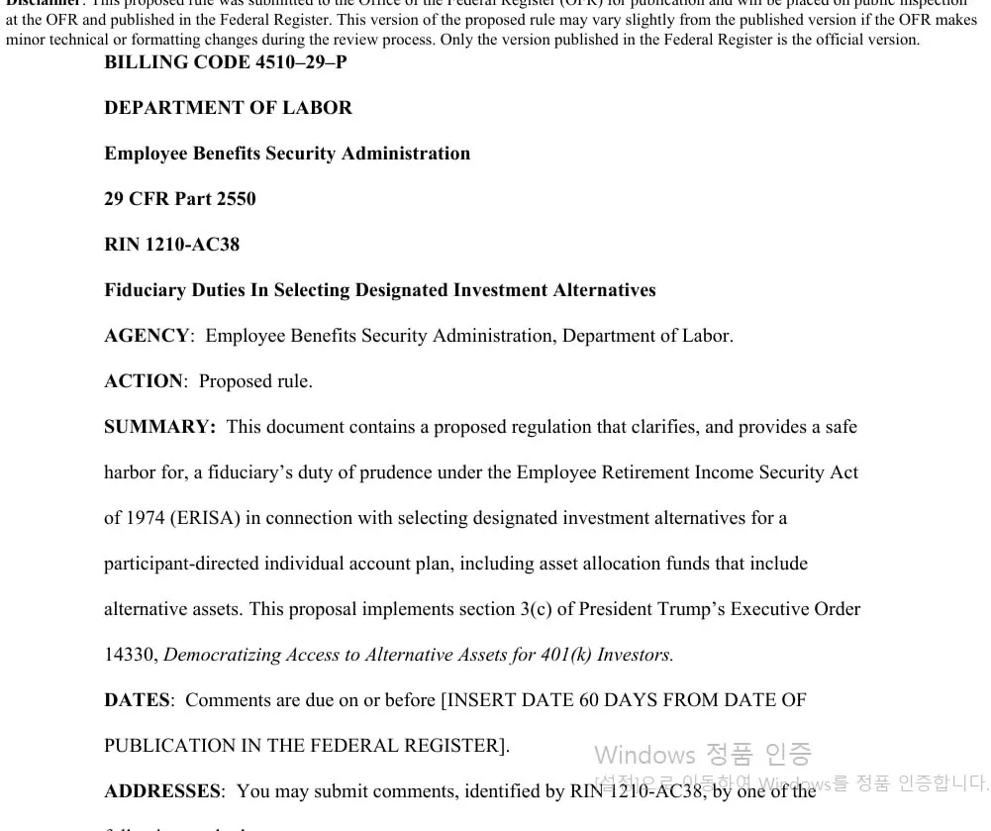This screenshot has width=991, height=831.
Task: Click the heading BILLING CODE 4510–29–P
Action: [x=225, y=62]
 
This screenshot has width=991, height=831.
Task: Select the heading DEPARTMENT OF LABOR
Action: [x=228, y=108]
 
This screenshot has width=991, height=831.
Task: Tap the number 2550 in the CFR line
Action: [x=236, y=199]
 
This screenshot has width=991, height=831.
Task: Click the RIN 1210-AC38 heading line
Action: [x=171, y=245]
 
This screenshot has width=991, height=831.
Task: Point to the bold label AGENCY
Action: [x=146, y=336]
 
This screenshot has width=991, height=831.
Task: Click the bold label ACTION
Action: [x=144, y=381]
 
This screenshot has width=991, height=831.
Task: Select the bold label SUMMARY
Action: [x=158, y=427]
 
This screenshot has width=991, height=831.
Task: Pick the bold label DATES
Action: [x=137, y=700]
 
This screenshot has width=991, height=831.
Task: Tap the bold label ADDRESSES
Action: [x=161, y=791]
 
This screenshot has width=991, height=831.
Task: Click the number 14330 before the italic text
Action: [x=129, y=655]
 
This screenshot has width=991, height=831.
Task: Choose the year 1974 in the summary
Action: [x=145, y=518]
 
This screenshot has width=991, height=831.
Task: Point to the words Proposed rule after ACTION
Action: [x=255, y=381]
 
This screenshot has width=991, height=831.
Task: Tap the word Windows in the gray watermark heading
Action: [x=644, y=755]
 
